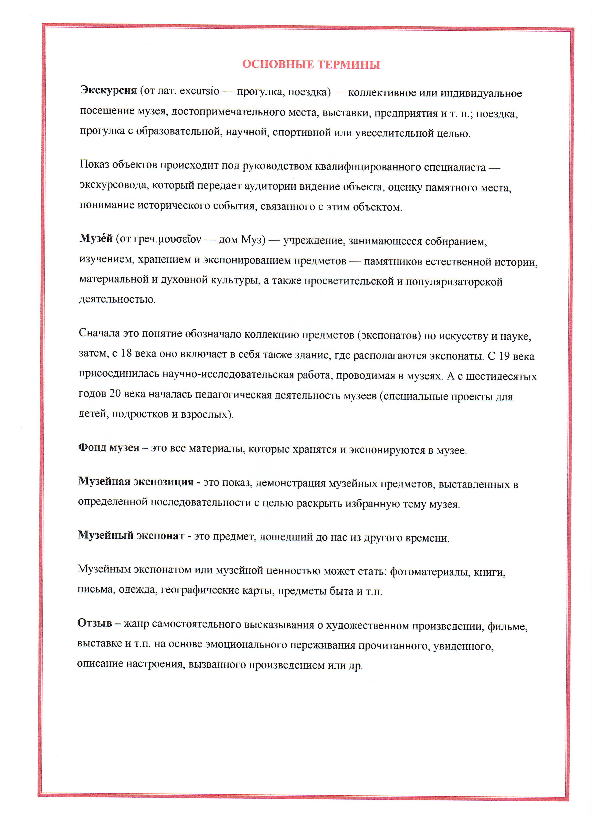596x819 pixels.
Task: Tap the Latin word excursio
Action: tap(199, 91)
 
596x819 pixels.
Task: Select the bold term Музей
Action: tap(96, 238)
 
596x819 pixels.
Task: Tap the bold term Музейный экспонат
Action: tap(131, 535)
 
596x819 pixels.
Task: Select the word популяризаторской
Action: tap(454, 282)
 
